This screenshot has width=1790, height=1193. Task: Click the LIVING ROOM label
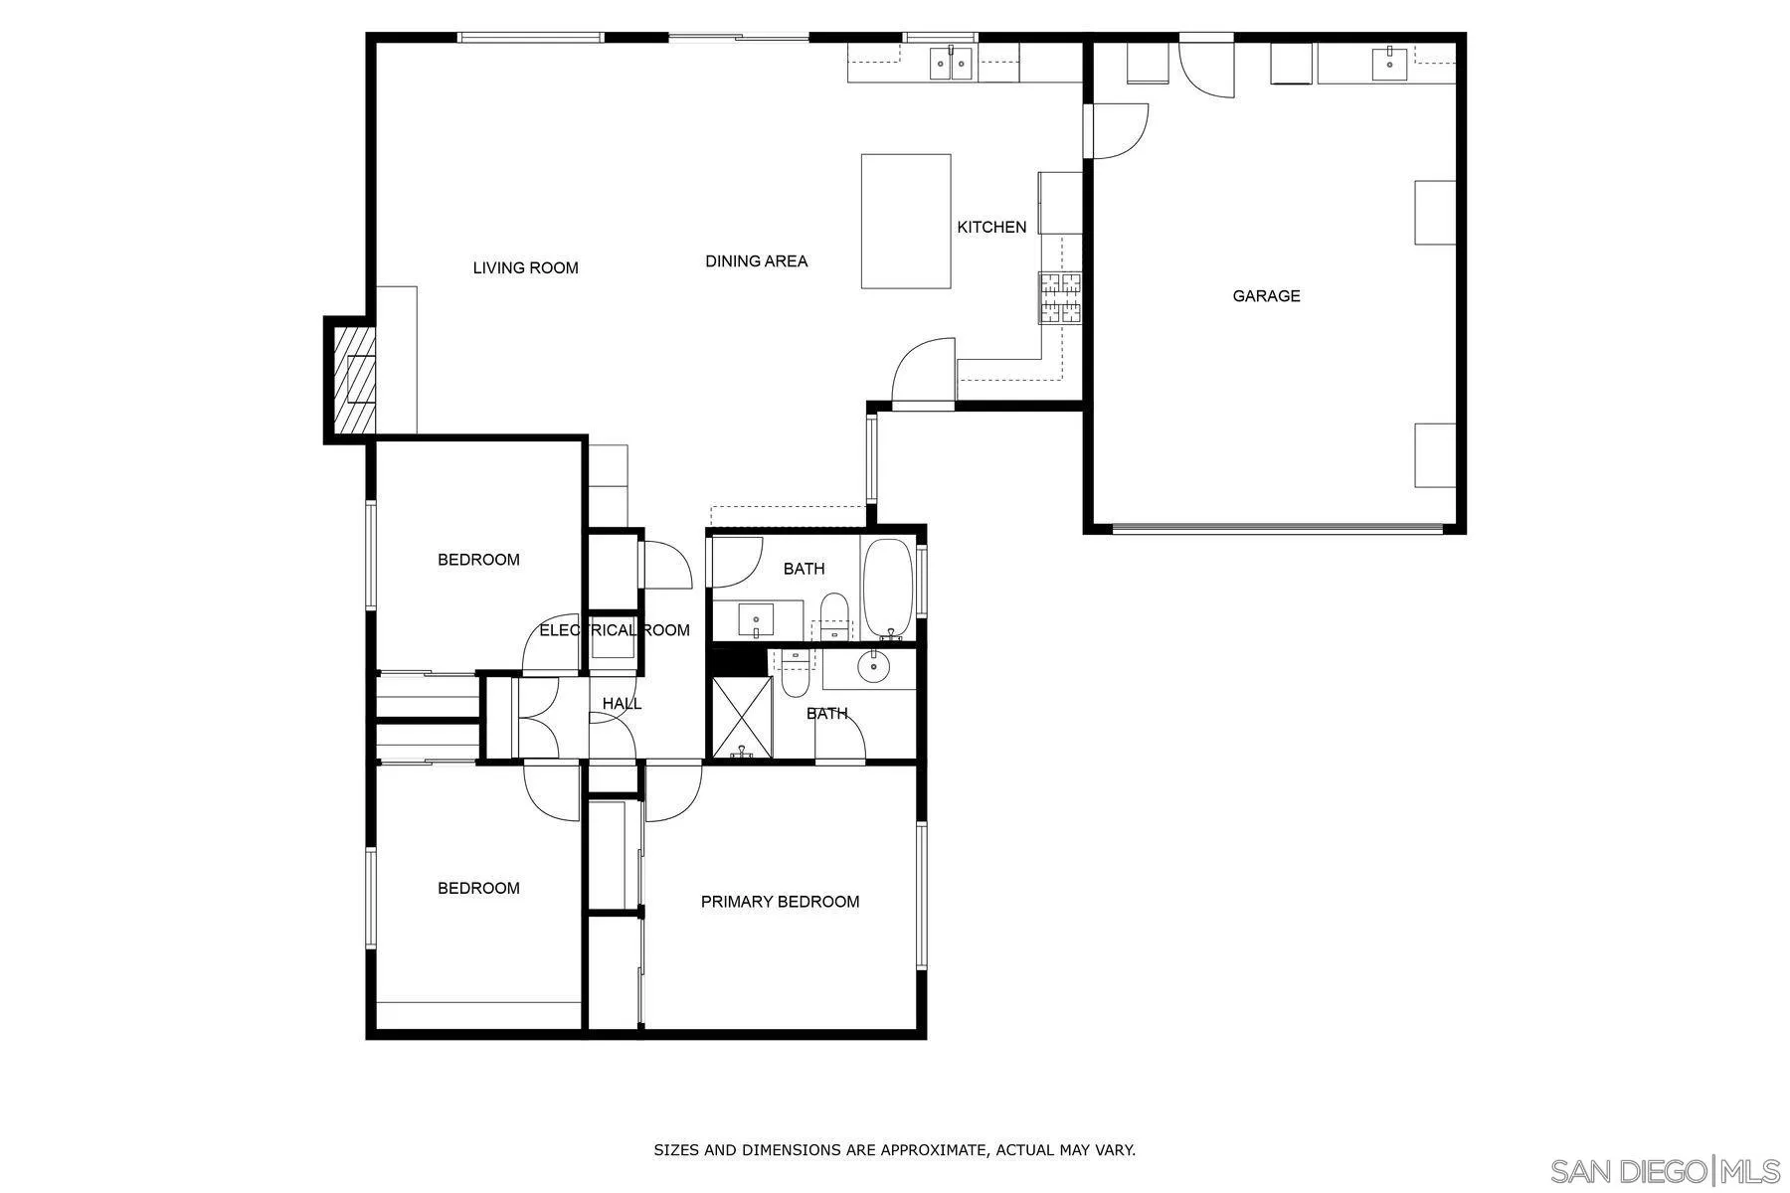525,267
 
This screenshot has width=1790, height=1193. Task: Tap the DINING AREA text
756,261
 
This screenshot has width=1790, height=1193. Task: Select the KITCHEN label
990,228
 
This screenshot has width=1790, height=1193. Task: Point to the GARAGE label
1266,296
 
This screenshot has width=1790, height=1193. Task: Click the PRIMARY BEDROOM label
780,902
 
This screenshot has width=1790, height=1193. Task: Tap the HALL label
622,704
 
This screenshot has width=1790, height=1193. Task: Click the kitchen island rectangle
905,221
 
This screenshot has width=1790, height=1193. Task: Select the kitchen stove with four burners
1059,297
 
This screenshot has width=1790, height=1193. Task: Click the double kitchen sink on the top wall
952,64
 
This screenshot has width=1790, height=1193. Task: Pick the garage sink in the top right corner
1389,64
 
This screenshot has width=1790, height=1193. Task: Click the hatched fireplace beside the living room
354,380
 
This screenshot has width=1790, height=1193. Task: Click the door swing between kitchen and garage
1119,130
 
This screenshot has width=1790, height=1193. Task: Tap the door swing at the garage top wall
1205,68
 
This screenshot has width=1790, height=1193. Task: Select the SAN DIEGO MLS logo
1665,1170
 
